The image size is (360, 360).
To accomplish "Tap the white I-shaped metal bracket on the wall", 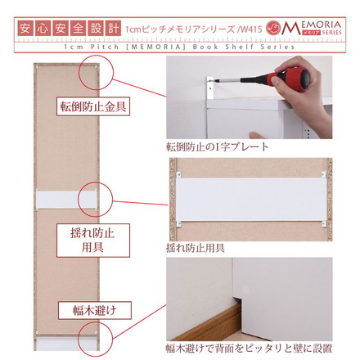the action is (210, 88).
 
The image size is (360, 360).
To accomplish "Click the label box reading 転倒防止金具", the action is (93, 106).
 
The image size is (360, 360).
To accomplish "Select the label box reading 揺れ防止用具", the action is (93, 241).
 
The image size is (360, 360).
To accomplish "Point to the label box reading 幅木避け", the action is (95, 310).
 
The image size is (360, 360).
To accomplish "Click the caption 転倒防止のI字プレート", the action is (218, 147).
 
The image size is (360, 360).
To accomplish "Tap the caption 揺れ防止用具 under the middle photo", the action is (196, 248).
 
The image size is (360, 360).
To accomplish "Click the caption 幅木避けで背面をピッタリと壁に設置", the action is (249, 349).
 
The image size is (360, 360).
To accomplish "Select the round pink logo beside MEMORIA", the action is (273, 28).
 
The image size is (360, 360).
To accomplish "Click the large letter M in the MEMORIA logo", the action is (291, 28).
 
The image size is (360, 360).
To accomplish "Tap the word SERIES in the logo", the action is (331, 32).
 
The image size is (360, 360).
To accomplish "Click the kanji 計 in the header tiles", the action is (113, 29).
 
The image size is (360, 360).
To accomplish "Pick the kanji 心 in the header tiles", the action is (43, 29).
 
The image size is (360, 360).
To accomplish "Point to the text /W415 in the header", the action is (250, 29).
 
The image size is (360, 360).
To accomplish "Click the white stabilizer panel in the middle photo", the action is (251, 200).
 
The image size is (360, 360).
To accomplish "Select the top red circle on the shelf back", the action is (96, 72).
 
